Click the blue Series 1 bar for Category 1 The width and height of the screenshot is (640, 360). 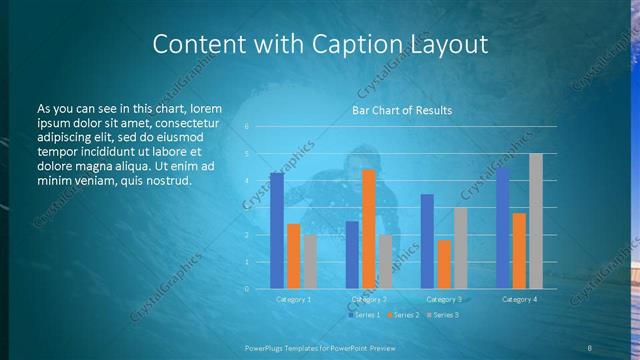pyautogui.click(x=276, y=231)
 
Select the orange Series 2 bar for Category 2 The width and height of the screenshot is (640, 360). pyautogui.click(x=368, y=229)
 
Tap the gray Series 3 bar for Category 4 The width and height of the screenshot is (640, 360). pyautogui.click(x=536, y=221)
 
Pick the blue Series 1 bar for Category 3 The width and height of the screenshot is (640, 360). pyautogui.click(x=427, y=241)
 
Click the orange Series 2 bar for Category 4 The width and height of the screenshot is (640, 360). pyautogui.click(x=519, y=251)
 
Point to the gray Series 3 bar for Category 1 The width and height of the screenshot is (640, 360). pyautogui.click(x=310, y=262)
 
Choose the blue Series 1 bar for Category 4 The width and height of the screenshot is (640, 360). pyautogui.click(x=502, y=228)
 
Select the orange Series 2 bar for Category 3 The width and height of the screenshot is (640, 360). pyautogui.click(x=444, y=264)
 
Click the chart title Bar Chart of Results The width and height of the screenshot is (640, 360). pyautogui.click(x=402, y=110)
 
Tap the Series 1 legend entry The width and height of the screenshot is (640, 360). pyautogui.click(x=363, y=315)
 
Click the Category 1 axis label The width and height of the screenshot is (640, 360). pyautogui.click(x=293, y=299)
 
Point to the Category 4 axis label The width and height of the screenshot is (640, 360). pyautogui.click(x=519, y=299)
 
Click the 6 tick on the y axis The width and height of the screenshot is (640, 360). pyautogui.click(x=247, y=127)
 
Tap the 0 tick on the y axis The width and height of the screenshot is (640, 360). pyautogui.click(x=247, y=289)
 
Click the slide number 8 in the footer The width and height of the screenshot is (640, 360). pyautogui.click(x=591, y=347)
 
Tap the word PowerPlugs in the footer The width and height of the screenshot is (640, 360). pyautogui.click(x=269, y=347)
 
